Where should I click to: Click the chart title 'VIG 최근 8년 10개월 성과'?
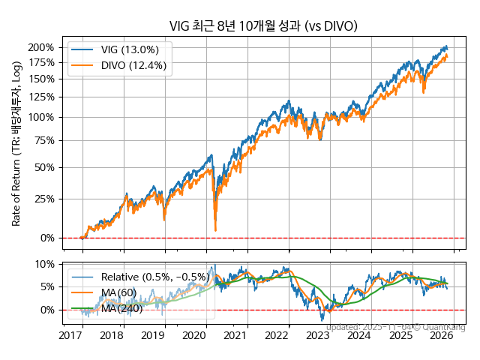tap(262, 26)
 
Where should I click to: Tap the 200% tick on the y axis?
tap(41, 47)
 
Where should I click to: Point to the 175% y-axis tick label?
tap(41, 62)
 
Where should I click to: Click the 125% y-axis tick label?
tap(41, 97)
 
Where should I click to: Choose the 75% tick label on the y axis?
tap(44, 140)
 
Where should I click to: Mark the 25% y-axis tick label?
tap(44, 199)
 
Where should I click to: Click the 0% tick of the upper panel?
tap(46, 238)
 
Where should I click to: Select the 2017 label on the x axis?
tap(70, 336)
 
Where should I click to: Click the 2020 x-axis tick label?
tap(194, 336)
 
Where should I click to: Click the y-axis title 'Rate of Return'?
tap(16, 142)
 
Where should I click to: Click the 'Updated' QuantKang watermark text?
tap(395, 327)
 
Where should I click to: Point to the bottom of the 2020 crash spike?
tap(215, 229)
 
